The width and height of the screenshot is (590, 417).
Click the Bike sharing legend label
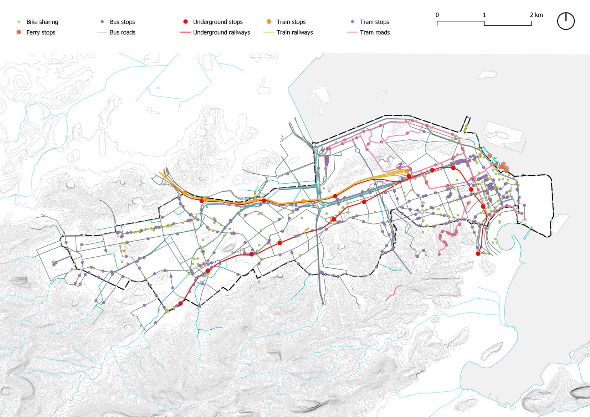[x=42, y=22]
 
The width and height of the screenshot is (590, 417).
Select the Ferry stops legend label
[x=41, y=32]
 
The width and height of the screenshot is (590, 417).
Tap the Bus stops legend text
[x=122, y=22]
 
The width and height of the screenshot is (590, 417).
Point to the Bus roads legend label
[x=123, y=32]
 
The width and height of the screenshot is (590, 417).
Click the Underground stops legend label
[x=218, y=22]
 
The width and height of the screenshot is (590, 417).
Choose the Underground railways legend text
[x=221, y=32]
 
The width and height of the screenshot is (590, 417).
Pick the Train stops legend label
[x=291, y=22]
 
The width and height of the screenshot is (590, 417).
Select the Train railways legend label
[x=294, y=32]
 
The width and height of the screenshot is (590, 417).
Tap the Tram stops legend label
[x=374, y=22]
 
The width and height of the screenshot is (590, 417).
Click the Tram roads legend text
[x=375, y=32]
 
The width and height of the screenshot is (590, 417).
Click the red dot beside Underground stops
[x=185, y=22]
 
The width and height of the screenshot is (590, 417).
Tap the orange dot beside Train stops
[x=269, y=22]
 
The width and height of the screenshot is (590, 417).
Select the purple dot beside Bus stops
[x=102, y=22]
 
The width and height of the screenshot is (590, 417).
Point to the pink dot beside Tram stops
[x=353, y=22]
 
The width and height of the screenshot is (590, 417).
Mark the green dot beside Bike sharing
[x=19, y=22]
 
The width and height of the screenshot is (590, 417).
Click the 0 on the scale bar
[x=437, y=15]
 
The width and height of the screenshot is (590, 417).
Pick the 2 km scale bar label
[x=536, y=15]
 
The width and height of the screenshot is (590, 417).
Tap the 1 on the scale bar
[x=484, y=15]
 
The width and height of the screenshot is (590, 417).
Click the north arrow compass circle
[x=566, y=21]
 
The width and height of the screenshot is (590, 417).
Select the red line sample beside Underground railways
[x=185, y=32]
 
